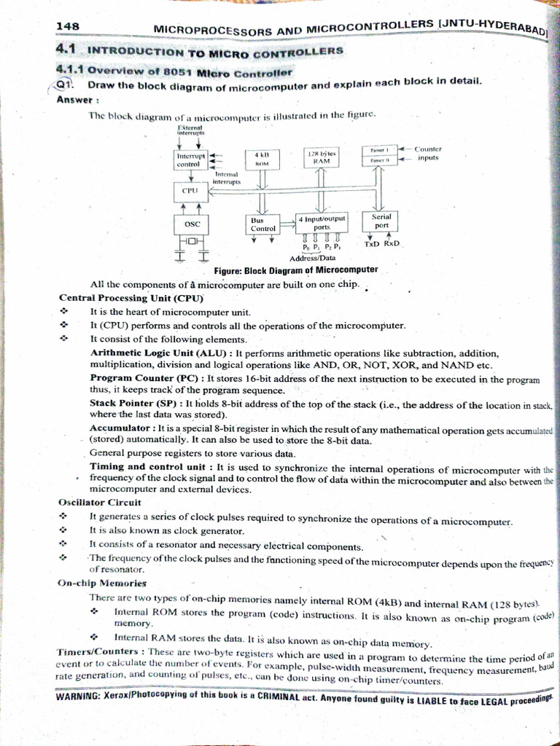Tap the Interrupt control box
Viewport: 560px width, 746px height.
coord(192,160)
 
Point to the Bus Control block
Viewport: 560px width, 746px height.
coord(262,224)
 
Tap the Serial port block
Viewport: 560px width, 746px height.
coord(381,221)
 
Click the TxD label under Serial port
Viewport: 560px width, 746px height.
coord(372,244)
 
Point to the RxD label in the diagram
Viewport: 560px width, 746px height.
coord(392,244)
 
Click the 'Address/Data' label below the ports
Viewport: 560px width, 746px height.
coord(312,258)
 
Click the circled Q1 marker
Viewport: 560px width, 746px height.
coord(64,85)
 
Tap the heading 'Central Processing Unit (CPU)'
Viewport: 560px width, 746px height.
coord(131,298)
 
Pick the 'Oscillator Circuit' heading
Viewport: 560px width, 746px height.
coord(100,503)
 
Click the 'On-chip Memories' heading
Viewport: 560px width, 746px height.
coord(102,583)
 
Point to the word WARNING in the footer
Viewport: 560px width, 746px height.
coord(78,696)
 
